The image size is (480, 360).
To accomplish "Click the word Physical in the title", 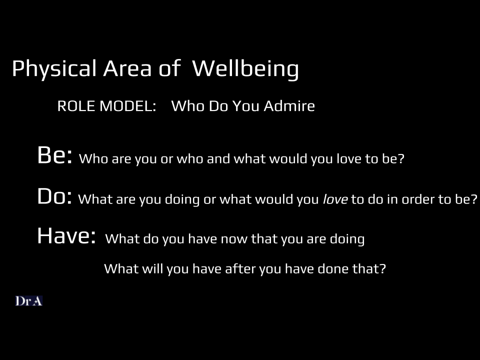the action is click(x=54, y=69).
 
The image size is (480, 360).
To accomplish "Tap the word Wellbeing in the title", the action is click(x=245, y=69).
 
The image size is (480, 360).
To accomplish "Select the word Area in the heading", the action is click(x=127, y=68).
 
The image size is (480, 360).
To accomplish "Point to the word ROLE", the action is click(x=76, y=106).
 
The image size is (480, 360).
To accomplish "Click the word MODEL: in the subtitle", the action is click(x=128, y=106).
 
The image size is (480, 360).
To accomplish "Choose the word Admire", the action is click(x=289, y=106).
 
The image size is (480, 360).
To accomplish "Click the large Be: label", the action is click(x=55, y=155).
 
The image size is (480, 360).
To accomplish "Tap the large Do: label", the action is click(x=54, y=196).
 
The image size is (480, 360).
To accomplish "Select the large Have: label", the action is click(x=66, y=235).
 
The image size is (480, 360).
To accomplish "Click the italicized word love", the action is click(x=335, y=199).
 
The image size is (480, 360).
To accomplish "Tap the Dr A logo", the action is click(x=29, y=301).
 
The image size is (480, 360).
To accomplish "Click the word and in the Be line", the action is click(x=218, y=158).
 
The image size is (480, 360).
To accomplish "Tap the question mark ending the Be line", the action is click(x=401, y=158).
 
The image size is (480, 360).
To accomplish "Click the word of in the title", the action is click(x=169, y=68).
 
